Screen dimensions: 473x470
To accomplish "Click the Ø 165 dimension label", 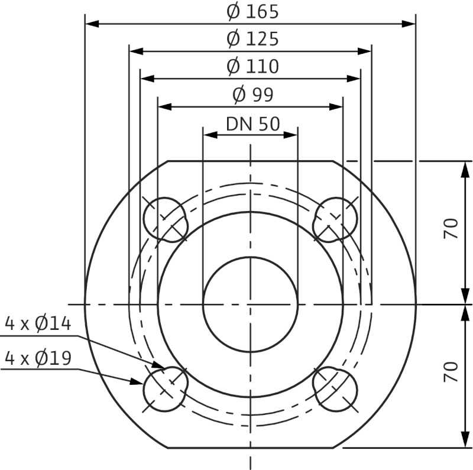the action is pyautogui.click(x=252, y=12).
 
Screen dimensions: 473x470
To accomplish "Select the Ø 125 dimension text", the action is pyautogui.click(x=252, y=39).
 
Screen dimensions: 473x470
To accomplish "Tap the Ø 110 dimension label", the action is pyautogui.click(x=252, y=66).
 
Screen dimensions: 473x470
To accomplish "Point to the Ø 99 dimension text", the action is pyautogui.click(x=253, y=95).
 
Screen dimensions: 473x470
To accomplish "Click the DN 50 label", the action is pyautogui.click(x=253, y=124).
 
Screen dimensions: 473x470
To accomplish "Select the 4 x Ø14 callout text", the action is pyautogui.click(x=38, y=323).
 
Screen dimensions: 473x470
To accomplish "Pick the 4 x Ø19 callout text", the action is pyautogui.click(x=38, y=358).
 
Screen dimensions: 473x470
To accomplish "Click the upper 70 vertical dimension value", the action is pyautogui.click(x=451, y=228).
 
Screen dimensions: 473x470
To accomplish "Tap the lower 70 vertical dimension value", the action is pyautogui.click(x=451, y=372).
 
